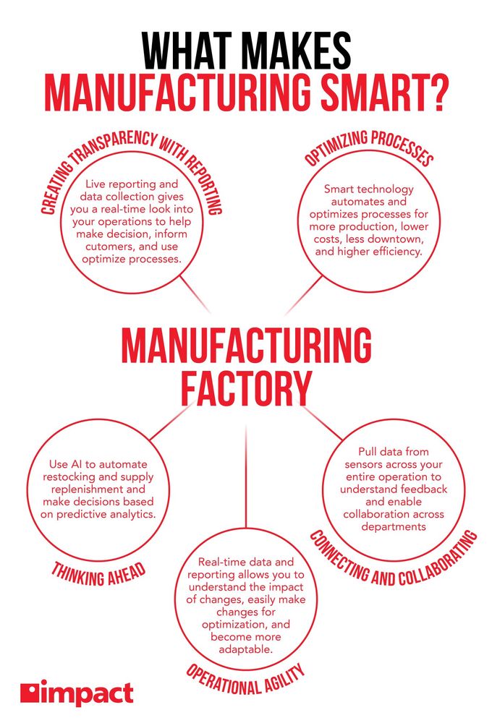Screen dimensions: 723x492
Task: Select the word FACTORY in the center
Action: click(x=246, y=389)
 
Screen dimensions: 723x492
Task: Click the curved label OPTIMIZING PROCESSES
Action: click(x=369, y=146)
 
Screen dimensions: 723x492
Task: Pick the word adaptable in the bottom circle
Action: click(x=246, y=649)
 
